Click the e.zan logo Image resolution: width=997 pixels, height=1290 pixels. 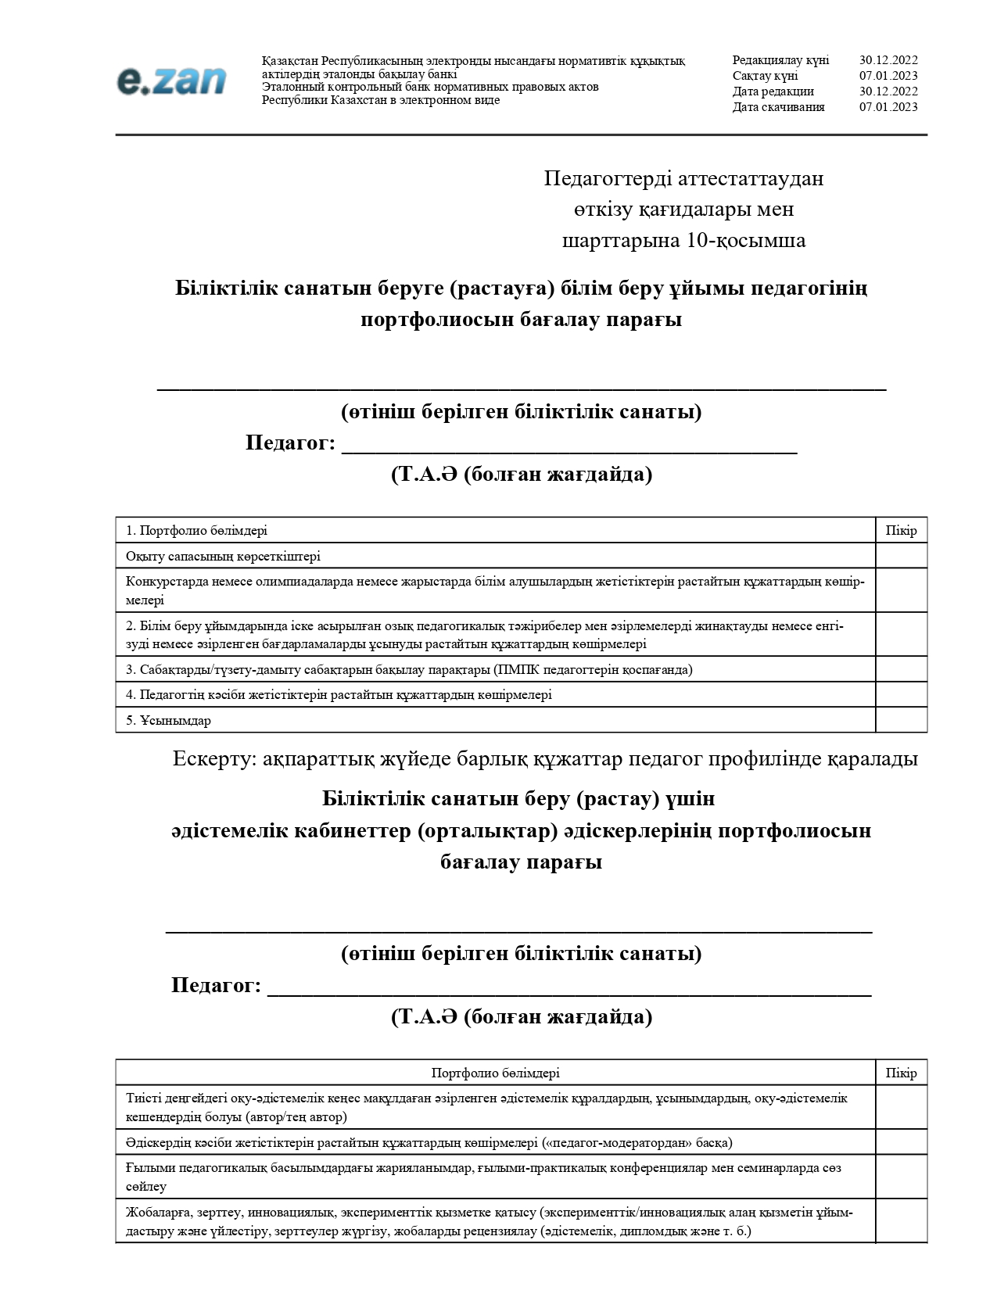coord(171,81)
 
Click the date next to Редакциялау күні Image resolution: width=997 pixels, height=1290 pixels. coord(888,60)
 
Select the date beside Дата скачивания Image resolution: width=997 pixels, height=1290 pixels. coord(888,107)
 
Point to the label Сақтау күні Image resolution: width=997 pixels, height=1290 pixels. coord(765,76)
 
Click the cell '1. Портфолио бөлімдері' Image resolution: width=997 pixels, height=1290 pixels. coord(196,530)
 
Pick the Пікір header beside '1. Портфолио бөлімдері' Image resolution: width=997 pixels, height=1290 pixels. coord(901,530)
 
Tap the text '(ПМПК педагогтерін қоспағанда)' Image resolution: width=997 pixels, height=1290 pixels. coord(594,669)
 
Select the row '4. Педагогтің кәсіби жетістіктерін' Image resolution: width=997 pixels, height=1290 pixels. coord(339,694)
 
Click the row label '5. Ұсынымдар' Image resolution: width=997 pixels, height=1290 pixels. coord(168,720)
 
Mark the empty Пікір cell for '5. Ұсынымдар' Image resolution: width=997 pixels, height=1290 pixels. coord(901,720)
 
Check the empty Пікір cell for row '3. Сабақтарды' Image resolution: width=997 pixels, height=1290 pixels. coord(901,669)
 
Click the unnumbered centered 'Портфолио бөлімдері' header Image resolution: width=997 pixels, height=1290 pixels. coord(495,1073)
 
